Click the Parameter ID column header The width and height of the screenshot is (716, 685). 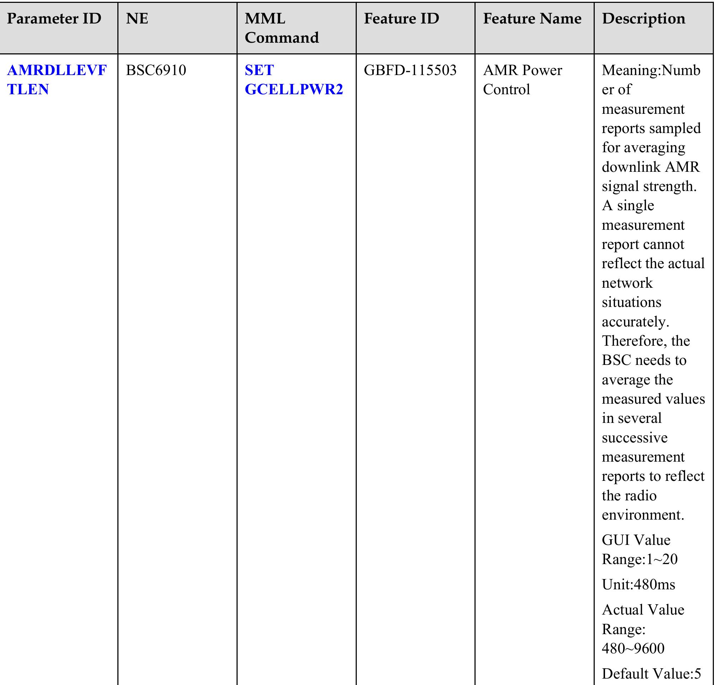click(54, 19)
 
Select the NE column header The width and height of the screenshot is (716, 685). click(137, 19)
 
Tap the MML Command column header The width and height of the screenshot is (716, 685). click(281, 28)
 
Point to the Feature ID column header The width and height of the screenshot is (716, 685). click(401, 19)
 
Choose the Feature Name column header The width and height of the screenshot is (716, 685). click(532, 19)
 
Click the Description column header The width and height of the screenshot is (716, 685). click(643, 19)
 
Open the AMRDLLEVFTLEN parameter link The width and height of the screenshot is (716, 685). click(57, 80)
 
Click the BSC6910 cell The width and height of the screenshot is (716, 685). click(156, 70)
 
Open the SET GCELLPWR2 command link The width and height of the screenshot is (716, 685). click(293, 80)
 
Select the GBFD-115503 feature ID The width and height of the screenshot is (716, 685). click(410, 70)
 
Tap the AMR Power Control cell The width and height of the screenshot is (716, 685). click(522, 80)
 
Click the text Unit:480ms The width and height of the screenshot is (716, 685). click(638, 585)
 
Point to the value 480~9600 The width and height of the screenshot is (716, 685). click(633, 648)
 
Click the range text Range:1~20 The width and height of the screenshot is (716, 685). click(639, 559)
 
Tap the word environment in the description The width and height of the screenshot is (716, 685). click(643, 515)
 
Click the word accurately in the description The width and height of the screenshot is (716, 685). click(635, 322)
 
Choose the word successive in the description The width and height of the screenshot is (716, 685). click(635, 437)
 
